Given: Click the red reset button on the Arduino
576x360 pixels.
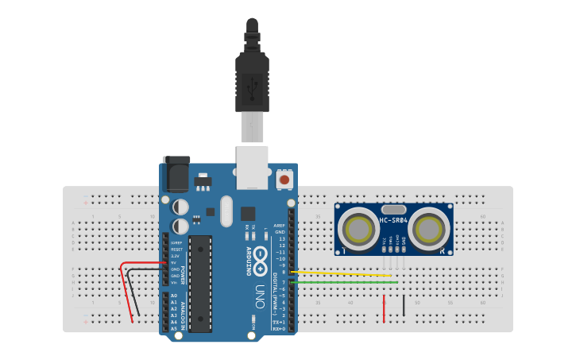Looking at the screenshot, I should [x=284, y=180].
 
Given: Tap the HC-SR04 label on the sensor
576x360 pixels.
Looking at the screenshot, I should [x=394, y=220].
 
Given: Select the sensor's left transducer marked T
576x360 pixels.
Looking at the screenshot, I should [x=358, y=229].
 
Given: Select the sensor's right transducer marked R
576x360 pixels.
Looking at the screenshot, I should [x=430, y=229].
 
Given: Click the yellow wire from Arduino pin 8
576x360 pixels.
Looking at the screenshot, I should [x=342, y=274].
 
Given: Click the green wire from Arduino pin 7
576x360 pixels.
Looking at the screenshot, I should [x=342, y=282].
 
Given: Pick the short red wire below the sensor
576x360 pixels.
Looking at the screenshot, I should [x=385, y=308].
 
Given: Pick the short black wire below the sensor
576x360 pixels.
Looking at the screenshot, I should [x=404, y=306].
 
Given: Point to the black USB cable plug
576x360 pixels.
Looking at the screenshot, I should [x=253, y=79].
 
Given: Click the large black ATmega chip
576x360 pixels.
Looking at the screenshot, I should [x=200, y=282].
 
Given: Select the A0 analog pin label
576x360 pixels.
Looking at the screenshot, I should [x=174, y=296].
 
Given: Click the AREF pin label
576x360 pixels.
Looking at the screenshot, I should [x=280, y=225].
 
